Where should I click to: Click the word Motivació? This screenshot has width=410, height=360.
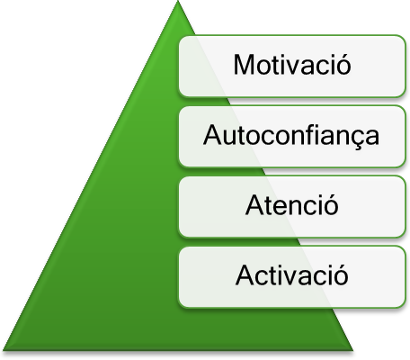[292, 64]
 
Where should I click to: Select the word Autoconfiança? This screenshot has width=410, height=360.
[291, 136]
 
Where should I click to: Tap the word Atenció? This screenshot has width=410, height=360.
[292, 204]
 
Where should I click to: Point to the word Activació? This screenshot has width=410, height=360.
[292, 274]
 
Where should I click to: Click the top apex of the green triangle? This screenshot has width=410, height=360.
[178, 1]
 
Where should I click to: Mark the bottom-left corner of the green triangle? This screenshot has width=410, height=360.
[3, 350]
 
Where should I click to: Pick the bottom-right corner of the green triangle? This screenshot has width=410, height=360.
[353, 350]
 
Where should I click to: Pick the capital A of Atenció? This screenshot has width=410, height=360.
[255, 205]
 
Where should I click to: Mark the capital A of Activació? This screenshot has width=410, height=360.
[245, 275]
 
